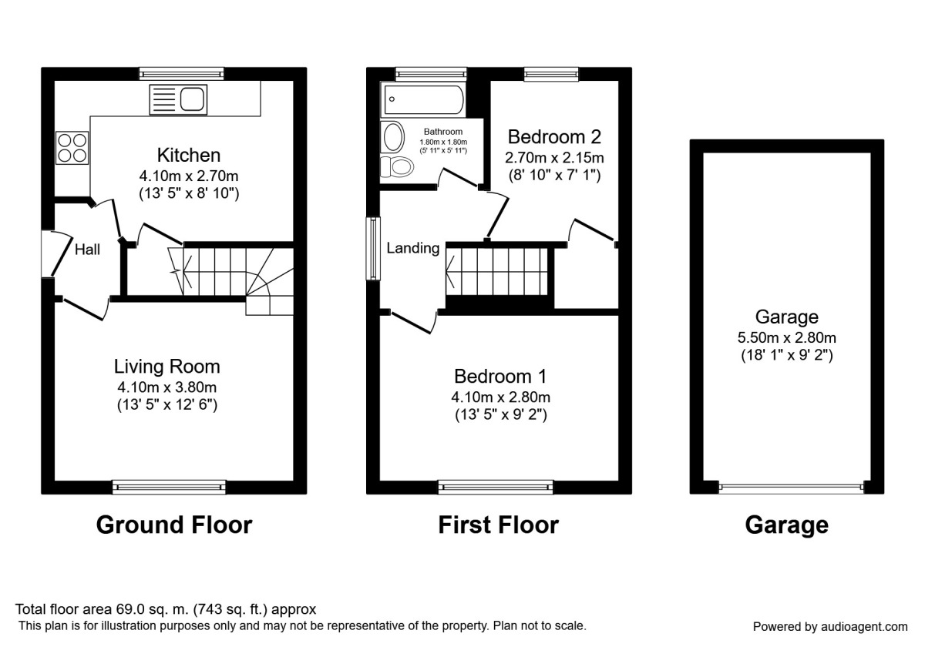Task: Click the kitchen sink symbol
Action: point(178,99)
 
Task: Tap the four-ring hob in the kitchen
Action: point(72,147)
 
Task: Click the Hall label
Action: point(87,249)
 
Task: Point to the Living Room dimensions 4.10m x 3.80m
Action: point(167,387)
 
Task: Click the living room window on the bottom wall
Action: point(169,486)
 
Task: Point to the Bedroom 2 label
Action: point(553,137)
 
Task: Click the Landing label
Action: point(412,248)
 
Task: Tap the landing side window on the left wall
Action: point(374,248)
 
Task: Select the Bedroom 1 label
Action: point(499,377)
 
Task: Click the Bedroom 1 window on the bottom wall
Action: point(495,486)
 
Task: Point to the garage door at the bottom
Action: point(791,487)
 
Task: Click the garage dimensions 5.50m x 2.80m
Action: point(786,337)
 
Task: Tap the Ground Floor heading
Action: point(173,525)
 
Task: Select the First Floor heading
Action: point(498,525)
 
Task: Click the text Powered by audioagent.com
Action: point(829,626)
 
